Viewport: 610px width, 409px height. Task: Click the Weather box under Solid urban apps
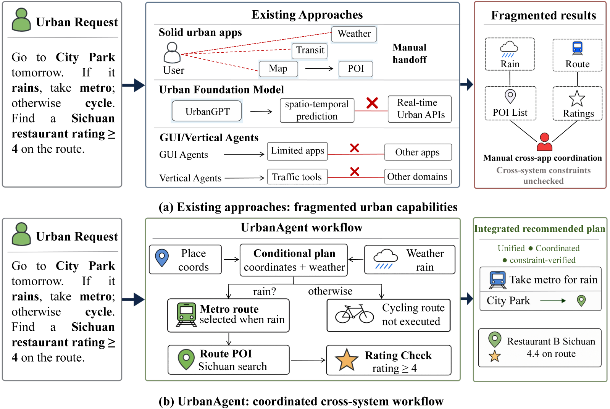pos(354,34)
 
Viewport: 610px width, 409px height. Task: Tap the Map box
pos(278,69)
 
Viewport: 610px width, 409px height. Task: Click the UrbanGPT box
pos(207,111)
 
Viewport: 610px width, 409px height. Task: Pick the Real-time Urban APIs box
pos(420,109)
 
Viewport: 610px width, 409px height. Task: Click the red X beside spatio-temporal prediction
pos(372,103)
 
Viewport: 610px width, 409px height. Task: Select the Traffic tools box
pos(297,177)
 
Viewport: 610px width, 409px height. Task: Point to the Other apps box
pos(418,152)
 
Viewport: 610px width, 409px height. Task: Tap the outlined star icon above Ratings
pos(577,99)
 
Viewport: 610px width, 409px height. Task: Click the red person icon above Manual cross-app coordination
pos(544,142)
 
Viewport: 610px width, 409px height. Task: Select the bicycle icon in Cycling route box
pos(354,314)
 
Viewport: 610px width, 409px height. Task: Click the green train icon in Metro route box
pos(186,314)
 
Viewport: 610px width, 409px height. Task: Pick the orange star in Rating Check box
pos(346,360)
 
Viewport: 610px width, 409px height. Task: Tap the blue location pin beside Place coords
pos(162,258)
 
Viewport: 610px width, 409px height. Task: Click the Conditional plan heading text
pos(294,254)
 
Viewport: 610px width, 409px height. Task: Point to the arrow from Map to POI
pos(319,69)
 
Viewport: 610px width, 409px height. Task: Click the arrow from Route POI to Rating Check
pos(308,360)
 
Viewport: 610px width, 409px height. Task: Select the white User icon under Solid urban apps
pos(172,53)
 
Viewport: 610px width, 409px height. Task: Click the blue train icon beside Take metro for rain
pos(497,280)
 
